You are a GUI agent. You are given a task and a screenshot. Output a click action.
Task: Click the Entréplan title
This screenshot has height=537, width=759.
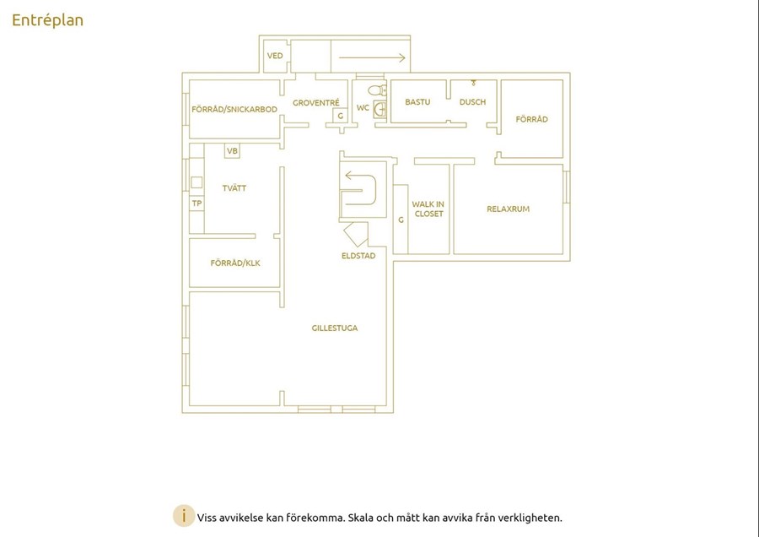(x=47, y=20)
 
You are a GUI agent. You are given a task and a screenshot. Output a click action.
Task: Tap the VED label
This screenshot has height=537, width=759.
(x=275, y=56)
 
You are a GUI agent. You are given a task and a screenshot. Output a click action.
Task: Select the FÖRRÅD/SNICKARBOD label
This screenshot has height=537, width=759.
(x=234, y=109)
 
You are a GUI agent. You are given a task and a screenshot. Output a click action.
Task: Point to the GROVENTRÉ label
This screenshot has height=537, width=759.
(x=316, y=103)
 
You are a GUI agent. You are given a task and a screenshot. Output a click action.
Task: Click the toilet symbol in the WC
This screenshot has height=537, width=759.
(x=378, y=90)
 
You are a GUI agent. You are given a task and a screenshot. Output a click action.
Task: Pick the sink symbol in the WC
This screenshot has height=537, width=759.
(x=380, y=110)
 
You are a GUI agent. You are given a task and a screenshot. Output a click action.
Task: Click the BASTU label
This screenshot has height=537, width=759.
(x=417, y=102)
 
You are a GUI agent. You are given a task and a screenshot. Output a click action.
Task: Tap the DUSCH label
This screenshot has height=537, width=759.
(x=472, y=102)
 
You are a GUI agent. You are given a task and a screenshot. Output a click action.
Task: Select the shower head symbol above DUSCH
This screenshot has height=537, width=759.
(x=473, y=83)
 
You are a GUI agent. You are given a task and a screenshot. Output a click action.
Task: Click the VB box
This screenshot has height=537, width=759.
(x=233, y=151)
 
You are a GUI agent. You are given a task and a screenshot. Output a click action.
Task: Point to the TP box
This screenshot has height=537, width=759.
(x=196, y=203)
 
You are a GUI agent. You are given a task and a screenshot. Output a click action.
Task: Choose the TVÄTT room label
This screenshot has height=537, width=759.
(x=234, y=188)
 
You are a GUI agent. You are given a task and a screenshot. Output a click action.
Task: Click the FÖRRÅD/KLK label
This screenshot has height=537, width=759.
(x=235, y=263)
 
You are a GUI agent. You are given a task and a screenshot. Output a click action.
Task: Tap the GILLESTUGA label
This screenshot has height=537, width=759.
(x=335, y=328)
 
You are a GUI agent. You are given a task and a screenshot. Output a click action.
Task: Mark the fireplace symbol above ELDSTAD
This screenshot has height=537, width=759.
(x=356, y=234)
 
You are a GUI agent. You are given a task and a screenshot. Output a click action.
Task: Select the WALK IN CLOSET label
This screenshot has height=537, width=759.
(x=428, y=209)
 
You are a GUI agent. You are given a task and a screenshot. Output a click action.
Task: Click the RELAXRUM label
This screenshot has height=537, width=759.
(x=509, y=209)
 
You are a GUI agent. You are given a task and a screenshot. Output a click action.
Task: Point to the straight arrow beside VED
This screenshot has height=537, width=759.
(x=372, y=57)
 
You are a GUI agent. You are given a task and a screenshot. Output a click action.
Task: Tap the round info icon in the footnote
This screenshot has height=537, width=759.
(x=184, y=516)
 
